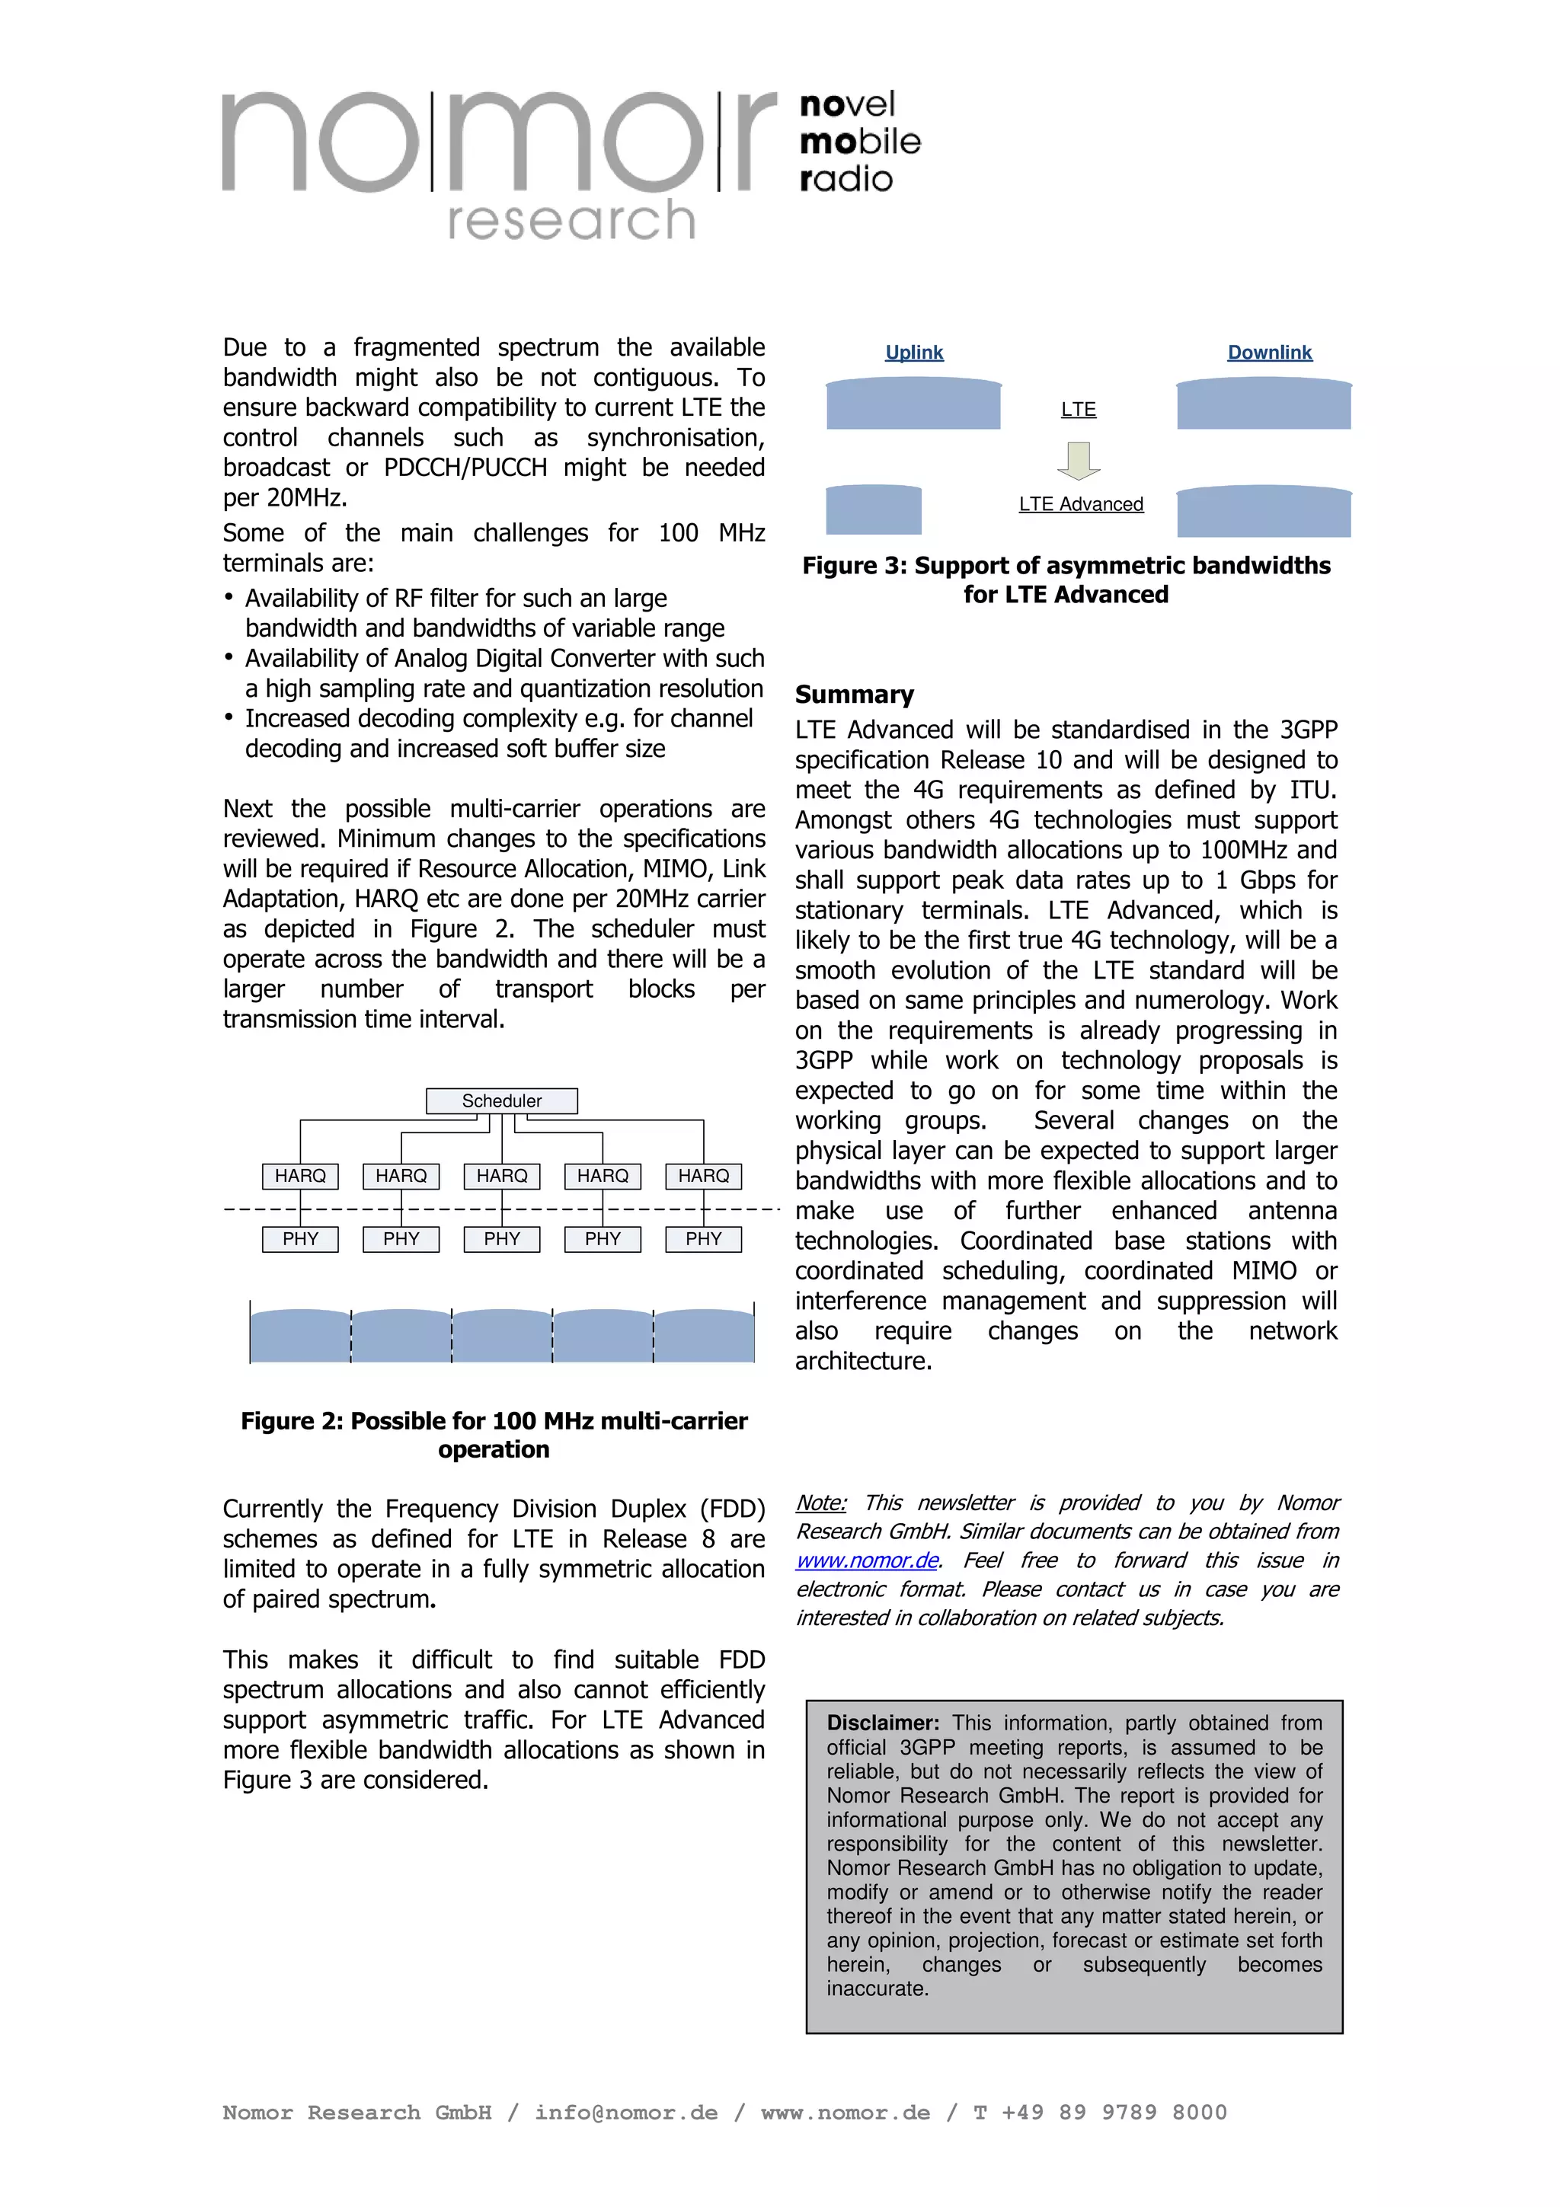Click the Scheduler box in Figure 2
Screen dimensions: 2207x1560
tap(502, 1100)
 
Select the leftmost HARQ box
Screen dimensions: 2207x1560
tap(300, 1176)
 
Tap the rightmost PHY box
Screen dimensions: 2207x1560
tap(704, 1239)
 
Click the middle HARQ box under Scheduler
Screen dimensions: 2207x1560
tap(502, 1176)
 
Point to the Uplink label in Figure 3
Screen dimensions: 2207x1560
tap(914, 353)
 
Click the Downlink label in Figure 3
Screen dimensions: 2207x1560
tap(1269, 353)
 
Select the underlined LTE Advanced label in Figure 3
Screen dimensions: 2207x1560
tap(1080, 505)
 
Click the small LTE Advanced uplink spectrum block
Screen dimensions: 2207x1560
tap(873, 510)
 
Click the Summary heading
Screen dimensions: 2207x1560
tap(854, 695)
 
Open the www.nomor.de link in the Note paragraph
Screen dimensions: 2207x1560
tap(867, 1560)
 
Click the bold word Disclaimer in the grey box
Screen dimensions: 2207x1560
tap(881, 1723)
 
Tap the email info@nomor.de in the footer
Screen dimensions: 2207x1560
tap(625, 2113)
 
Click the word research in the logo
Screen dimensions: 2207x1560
tap(571, 220)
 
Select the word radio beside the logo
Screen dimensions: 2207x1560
tap(846, 180)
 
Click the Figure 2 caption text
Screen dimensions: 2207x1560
tap(494, 1434)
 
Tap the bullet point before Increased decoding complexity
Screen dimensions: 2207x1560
tap(229, 718)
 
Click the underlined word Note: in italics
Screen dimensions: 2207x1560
tap(821, 1503)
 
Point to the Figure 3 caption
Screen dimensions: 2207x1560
tap(1066, 580)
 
